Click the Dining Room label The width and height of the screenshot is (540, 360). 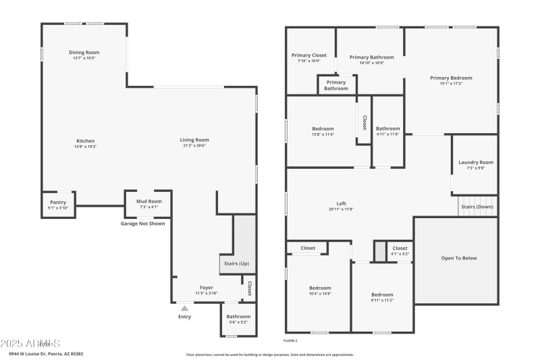84,52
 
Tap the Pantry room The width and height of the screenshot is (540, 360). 58,205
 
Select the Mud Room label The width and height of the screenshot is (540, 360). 148,201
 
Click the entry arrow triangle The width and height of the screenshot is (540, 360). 184,308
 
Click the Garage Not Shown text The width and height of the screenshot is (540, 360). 142,224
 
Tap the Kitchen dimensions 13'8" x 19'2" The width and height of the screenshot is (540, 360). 85,147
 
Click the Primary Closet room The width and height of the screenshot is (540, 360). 308,57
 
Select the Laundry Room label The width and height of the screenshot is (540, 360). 476,162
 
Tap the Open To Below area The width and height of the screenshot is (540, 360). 459,257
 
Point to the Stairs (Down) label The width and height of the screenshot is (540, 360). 477,207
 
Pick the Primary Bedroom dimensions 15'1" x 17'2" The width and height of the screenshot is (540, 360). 451,84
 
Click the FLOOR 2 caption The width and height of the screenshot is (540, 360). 291,341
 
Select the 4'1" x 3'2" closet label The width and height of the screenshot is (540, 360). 400,254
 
